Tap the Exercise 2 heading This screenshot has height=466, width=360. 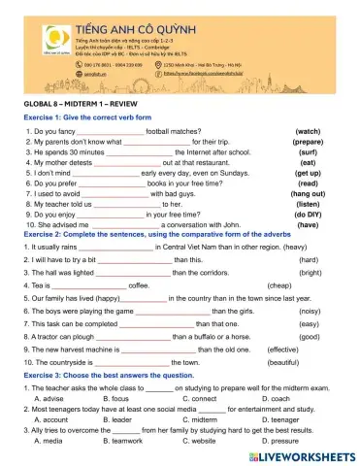click(x=130, y=234)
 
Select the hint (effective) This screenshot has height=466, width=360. click(x=282, y=349)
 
